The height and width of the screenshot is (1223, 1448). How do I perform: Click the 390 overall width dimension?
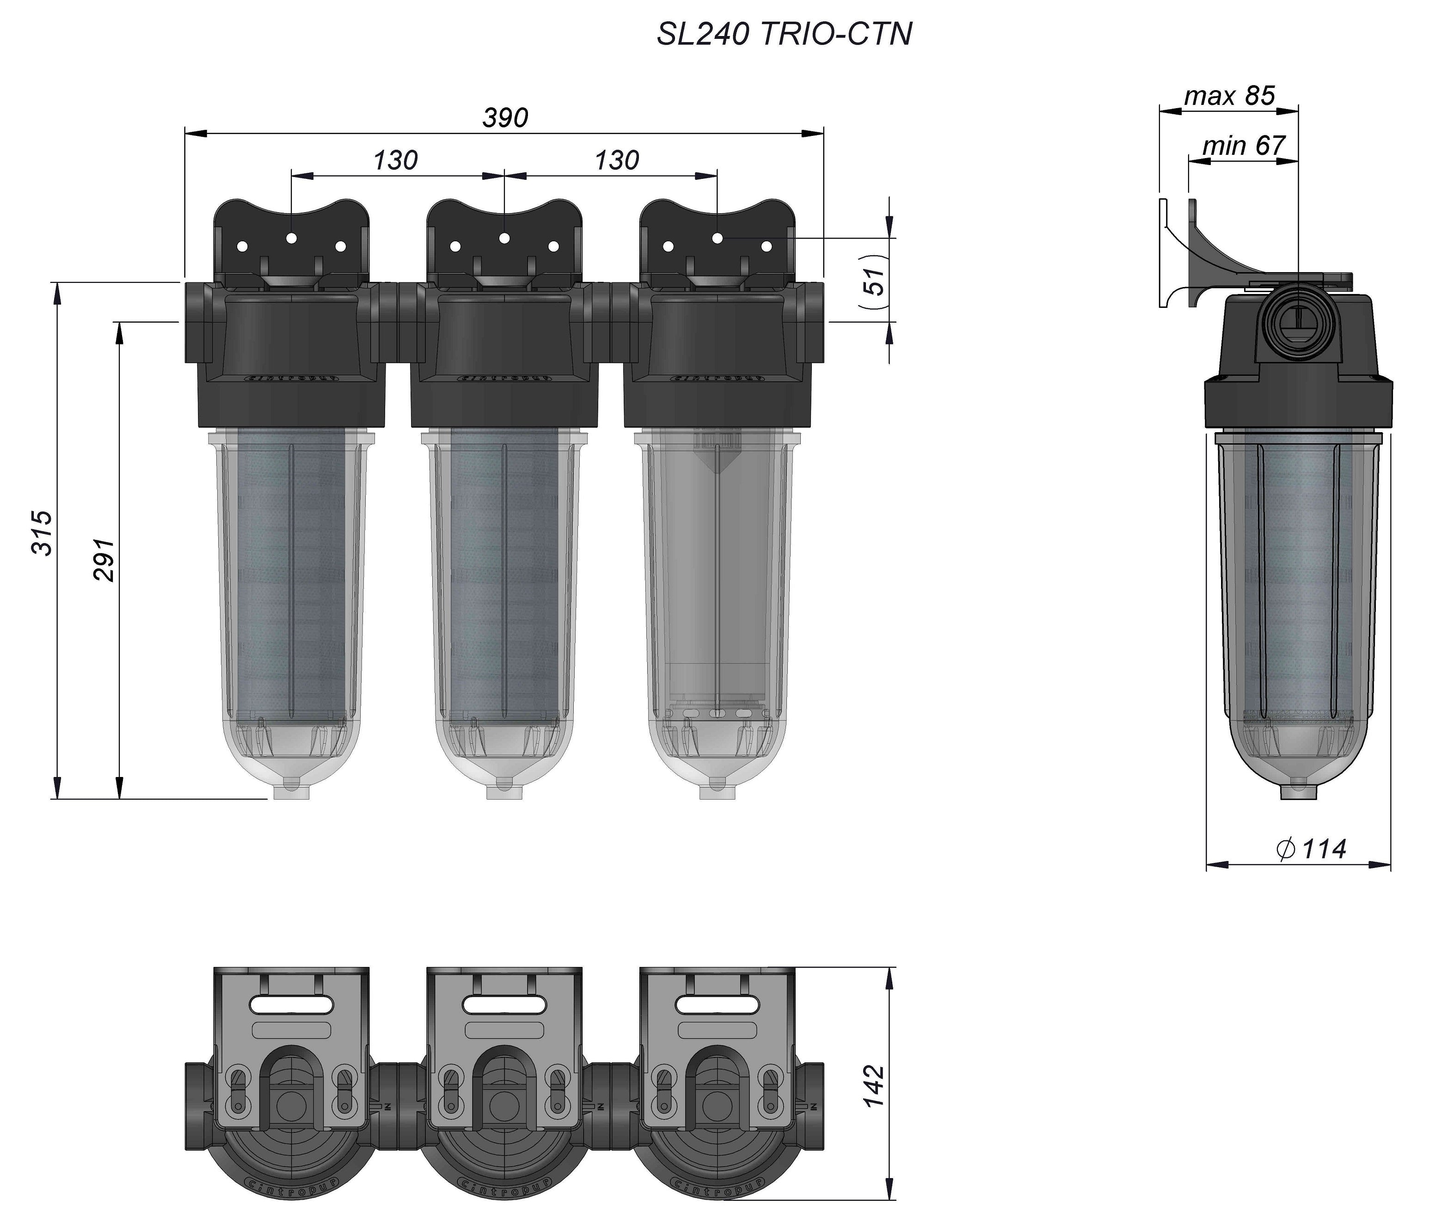tap(505, 118)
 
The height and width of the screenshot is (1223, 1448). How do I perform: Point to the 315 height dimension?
tap(43, 532)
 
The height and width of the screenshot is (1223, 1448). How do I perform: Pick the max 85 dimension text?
tap(1229, 96)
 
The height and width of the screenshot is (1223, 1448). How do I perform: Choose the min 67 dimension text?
tap(1244, 146)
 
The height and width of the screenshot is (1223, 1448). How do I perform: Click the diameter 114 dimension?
tap(1311, 848)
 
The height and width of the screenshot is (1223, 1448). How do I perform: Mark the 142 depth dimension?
tap(875, 1086)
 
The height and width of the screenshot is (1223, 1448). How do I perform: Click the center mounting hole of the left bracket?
tap(291, 238)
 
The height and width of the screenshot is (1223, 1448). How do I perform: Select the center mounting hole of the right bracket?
tap(717, 238)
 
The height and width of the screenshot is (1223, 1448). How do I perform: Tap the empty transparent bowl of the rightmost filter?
tap(717, 589)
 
